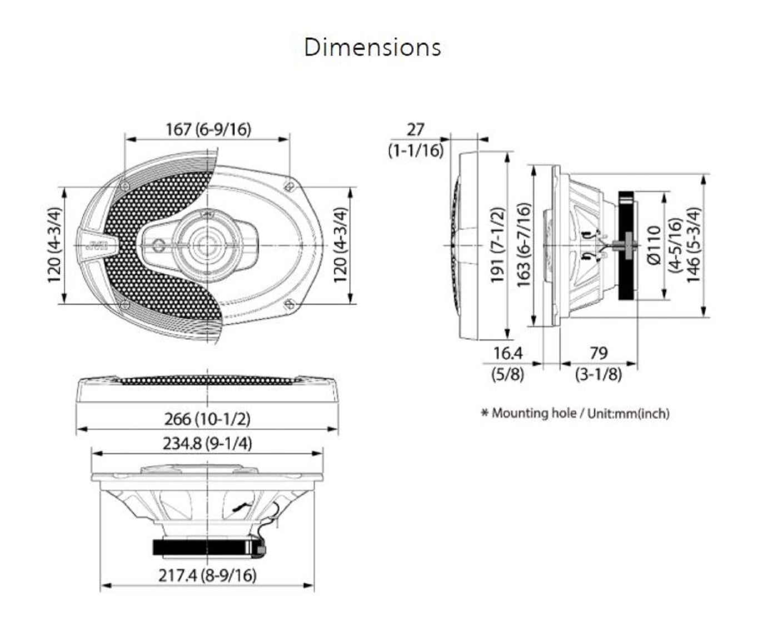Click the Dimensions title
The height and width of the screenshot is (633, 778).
click(x=372, y=47)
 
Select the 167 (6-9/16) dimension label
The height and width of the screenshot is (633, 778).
click(x=208, y=129)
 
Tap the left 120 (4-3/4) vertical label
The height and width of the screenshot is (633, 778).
click(x=54, y=245)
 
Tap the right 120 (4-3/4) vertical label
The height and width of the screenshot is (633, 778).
click(x=340, y=245)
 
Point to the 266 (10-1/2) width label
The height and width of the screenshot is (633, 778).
click(x=207, y=418)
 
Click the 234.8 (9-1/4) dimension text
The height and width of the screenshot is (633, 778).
click(x=207, y=444)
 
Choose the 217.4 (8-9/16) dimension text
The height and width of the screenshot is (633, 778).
click(x=207, y=575)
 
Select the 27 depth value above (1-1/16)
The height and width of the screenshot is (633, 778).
click(x=415, y=129)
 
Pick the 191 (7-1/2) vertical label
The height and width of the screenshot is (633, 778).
click(x=497, y=245)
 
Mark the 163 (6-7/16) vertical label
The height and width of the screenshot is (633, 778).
click(x=523, y=245)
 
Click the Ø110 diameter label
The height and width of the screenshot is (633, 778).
click(x=654, y=245)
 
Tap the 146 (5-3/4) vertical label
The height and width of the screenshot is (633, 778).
click(x=693, y=245)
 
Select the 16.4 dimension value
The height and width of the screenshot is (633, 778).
click(x=508, y=353)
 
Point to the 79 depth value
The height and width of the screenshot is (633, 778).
click(x=598, y=353)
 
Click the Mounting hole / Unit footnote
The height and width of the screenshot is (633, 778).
click(x=575, y=413)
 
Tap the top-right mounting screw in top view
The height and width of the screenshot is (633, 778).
click(x=289, y=185)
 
